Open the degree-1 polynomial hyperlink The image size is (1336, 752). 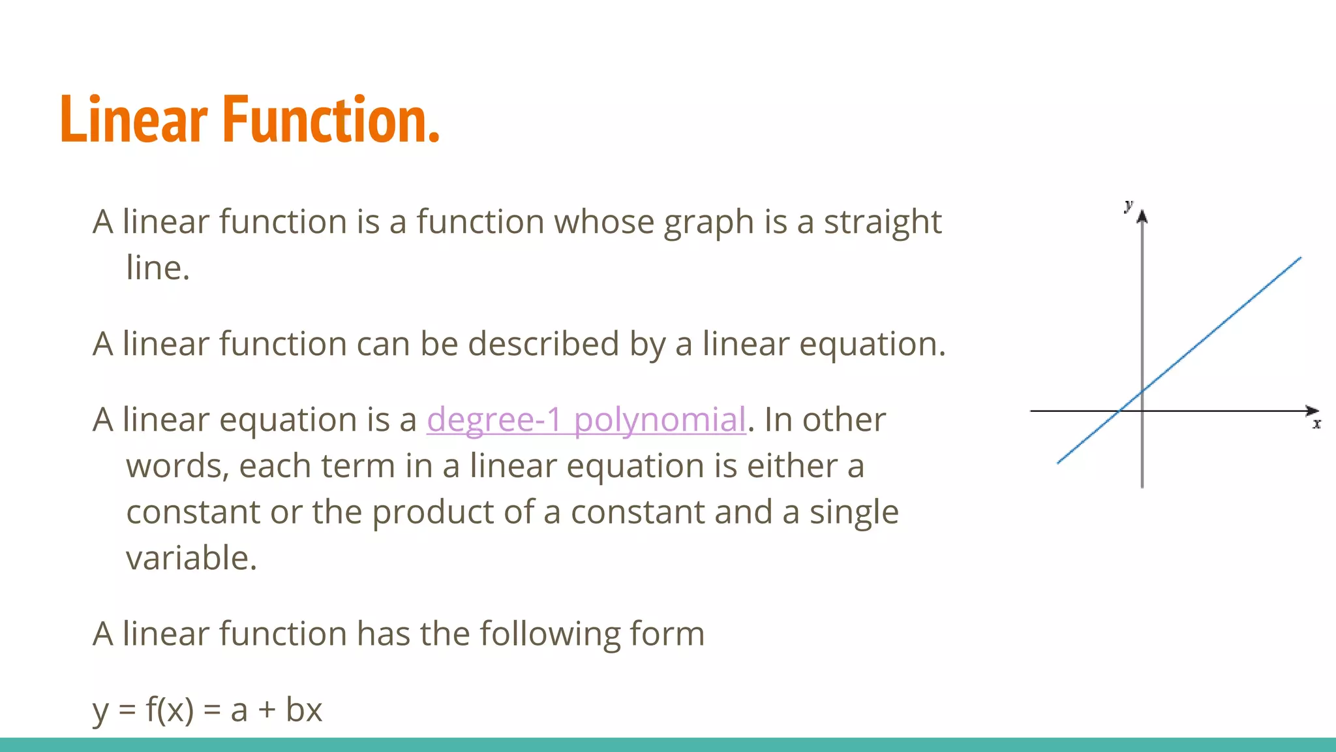(586, 419)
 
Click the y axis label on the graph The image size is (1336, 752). (1129, 206)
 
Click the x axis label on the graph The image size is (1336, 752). (1316, 424)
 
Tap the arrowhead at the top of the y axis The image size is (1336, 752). (1142, 217)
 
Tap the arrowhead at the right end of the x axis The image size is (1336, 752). (1312, 411)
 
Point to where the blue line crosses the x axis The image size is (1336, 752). (1119, 411)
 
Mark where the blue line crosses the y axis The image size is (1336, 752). (1142, 392)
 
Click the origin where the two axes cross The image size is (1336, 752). (1142, 411)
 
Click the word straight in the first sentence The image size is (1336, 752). (882, 222)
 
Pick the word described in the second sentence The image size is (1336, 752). (543, 344)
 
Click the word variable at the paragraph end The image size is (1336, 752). (191, 559)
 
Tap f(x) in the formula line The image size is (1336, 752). (170, 710)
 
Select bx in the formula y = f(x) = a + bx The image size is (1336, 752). (304, 710)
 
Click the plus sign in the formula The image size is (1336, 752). (266, 710)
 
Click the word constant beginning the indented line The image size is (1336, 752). (193, 512)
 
